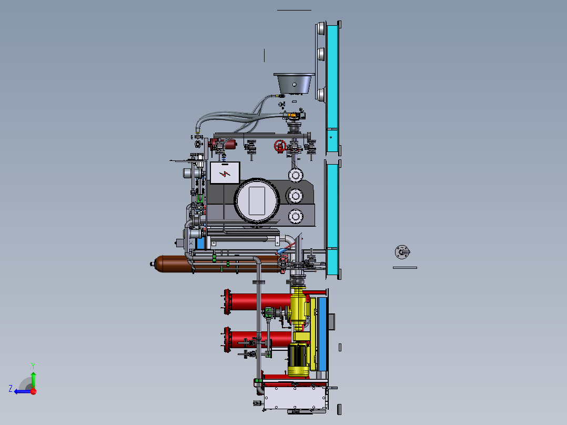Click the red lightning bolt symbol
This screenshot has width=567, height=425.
(225, 174)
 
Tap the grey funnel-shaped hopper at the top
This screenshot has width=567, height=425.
(294, 84)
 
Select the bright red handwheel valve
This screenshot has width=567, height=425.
(280, 146)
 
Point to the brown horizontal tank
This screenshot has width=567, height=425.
(217, 264)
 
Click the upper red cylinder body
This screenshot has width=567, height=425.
(260, 302)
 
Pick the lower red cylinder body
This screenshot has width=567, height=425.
(260, 339)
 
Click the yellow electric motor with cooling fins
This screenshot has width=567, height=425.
(299, 360)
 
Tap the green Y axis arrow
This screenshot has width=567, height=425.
(33, 379)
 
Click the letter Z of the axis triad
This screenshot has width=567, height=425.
(11, 389)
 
